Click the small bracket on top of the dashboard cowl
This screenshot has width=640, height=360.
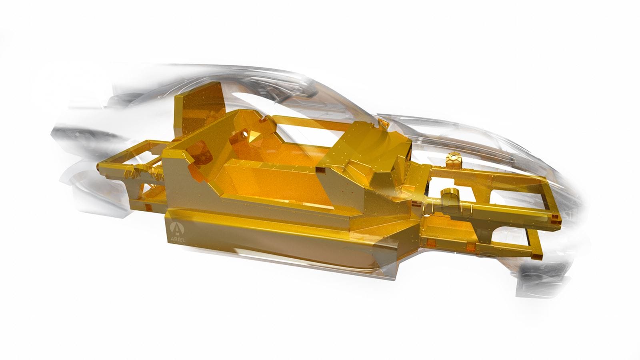pos(382,122)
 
